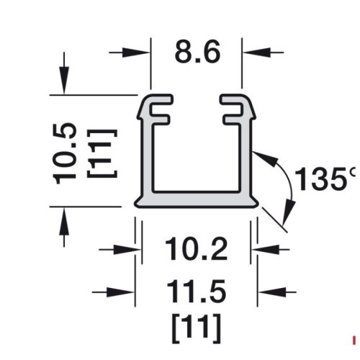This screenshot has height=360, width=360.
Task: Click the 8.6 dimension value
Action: click(196, 53)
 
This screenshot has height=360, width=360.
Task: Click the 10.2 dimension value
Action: click(195, 250)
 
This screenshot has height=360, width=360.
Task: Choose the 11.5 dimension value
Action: click(195, 292)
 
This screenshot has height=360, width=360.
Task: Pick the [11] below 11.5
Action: click(195, 328)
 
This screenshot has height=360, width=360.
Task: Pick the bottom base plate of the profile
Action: click(195, 199)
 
